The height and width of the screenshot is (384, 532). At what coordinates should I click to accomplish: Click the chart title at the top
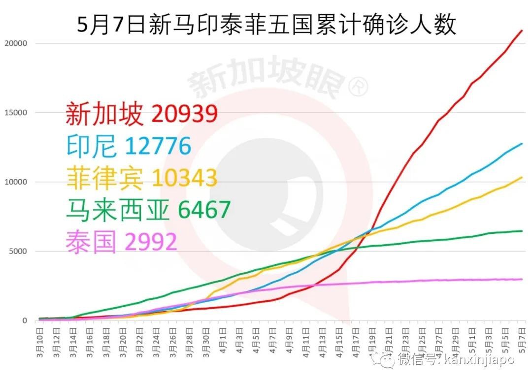266,25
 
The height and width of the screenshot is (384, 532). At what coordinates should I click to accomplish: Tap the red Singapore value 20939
185,114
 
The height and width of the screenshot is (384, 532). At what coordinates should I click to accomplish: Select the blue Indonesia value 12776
158,146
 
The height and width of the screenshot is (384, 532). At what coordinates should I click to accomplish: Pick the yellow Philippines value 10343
184,178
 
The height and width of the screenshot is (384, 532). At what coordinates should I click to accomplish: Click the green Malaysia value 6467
204,210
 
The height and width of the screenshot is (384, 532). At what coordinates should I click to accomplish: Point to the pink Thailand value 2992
151,242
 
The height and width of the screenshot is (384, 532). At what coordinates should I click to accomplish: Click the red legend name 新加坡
104,114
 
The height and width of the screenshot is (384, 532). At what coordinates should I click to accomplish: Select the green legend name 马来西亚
118,210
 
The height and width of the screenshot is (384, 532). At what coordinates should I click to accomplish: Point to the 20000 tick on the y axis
16,43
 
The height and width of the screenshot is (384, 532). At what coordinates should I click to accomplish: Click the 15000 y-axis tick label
16,113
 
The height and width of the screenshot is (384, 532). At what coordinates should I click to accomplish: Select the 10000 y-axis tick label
16,182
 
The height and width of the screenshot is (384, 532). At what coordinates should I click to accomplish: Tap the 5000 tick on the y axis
18,252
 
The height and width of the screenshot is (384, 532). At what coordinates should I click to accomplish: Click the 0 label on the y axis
24,321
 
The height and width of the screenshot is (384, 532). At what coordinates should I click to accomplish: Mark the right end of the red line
522,31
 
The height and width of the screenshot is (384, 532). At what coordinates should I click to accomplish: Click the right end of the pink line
522,279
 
